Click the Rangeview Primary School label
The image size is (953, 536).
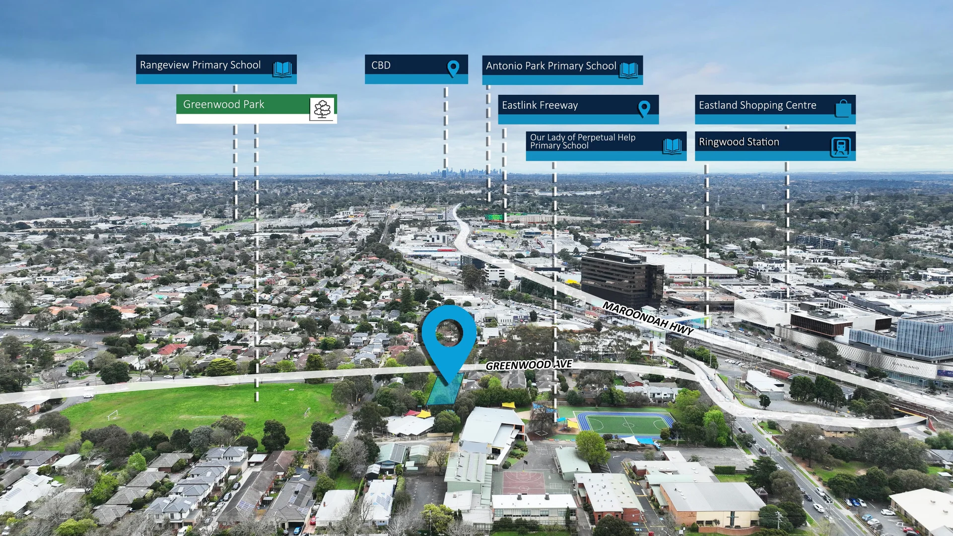216,69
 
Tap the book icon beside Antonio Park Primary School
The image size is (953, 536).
628,70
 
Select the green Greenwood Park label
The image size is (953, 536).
257,109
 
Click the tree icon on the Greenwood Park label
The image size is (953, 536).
322,109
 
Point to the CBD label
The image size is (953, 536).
416,69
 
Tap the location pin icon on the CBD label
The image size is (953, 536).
453,68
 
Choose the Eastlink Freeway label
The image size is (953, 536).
578,109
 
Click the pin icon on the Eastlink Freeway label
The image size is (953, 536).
644,109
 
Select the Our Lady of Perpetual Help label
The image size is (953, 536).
606,146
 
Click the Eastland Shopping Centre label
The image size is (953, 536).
775,109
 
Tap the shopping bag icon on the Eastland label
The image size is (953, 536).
843,108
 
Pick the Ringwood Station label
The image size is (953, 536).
775,146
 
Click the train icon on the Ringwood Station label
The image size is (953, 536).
841,147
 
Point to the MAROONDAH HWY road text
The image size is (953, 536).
648,318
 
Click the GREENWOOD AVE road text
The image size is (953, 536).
529,365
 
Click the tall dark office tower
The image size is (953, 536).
622,279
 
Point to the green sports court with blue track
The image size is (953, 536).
623,424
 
